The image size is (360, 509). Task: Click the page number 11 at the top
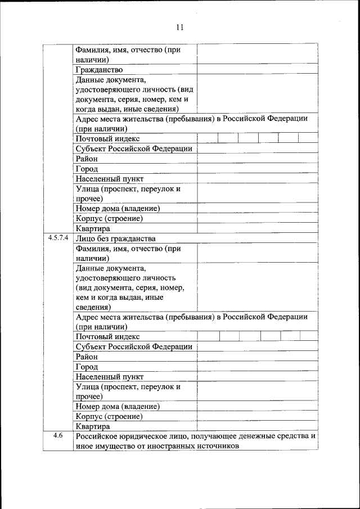180,27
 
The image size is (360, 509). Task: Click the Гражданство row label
99,70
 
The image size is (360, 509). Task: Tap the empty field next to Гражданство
256,70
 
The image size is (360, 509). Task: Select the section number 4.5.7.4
58,238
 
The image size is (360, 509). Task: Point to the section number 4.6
58,436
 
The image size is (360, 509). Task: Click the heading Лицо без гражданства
115,238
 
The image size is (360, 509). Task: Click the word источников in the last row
219,446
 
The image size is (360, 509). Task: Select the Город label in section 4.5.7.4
87,367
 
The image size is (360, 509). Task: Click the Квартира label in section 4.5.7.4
93,426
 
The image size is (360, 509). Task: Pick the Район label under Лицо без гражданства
87,357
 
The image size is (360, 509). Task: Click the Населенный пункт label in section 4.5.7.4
109,376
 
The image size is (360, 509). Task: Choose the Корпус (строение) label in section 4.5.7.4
108,417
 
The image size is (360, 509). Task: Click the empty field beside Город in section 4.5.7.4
256,367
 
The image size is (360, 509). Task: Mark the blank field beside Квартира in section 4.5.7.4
256,426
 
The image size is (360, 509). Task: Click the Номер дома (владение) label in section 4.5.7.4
117,407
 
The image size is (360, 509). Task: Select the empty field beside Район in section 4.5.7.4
256,357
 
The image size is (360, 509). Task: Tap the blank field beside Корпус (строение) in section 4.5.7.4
256,417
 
